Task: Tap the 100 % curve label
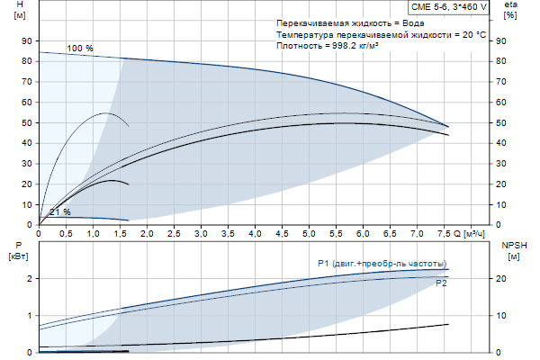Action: tap(80, 48)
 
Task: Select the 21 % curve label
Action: tap(60, 211)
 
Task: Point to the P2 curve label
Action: tap(441, 283)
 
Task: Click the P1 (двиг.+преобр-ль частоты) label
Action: tap(382, 263)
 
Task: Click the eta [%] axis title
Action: tap(510, 11)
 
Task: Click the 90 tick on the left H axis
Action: tap(26, 40)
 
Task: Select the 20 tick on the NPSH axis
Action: tap(501, 278)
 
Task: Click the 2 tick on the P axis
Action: tap(30, 278)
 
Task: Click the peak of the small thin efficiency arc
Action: tap(107, 112)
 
